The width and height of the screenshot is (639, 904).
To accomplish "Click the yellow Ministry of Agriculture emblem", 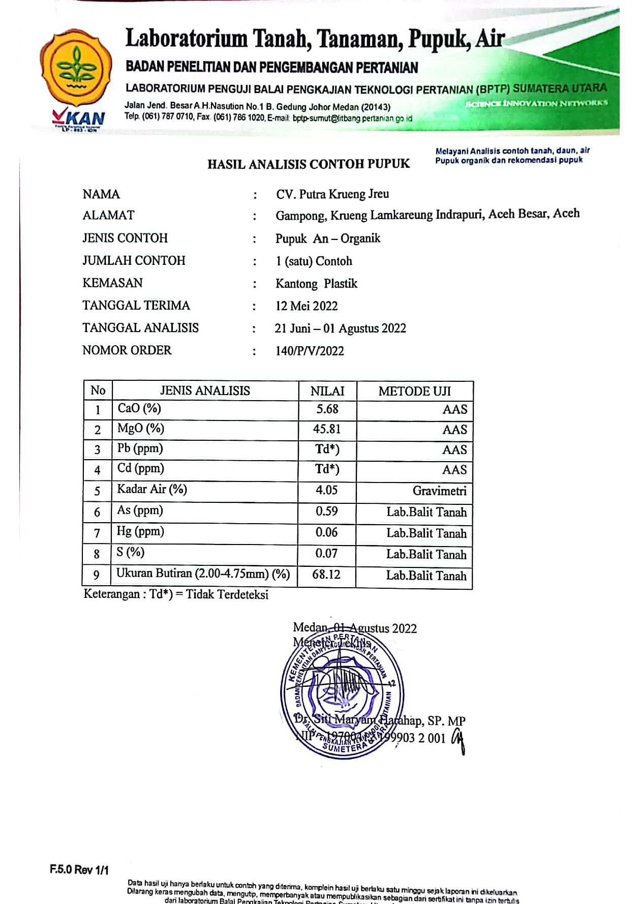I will tap(76, 69).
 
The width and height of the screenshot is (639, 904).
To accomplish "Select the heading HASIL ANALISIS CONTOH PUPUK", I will tap(308, 164).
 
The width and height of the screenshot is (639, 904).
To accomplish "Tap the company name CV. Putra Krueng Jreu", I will tap(332, 194).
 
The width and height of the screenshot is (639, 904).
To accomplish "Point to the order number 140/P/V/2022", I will tap(310, 351).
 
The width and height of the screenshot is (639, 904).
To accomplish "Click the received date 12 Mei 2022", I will tap(307, 306).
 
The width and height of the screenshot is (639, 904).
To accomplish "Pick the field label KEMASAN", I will tap(112, 283).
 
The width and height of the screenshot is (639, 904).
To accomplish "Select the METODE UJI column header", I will tap(414, 391).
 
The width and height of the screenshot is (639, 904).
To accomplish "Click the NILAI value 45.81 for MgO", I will tap(327, 429).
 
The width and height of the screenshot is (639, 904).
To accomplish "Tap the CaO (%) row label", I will tap(139, 409).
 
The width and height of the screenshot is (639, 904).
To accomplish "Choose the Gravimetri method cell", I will tap(439, 491).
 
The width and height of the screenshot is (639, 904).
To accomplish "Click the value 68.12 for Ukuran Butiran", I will tap(326, 575).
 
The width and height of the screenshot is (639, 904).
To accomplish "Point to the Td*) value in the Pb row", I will tap(327, 449).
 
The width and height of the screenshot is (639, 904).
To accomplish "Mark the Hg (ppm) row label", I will tap(140, 532).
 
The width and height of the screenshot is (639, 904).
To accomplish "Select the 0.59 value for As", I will tap(327, 511).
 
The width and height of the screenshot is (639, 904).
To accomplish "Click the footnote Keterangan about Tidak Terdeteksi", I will tap(176, 594).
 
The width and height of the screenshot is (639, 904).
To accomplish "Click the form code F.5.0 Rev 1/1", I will tap(79, 869).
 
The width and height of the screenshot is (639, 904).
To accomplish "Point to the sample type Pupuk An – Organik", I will tap(328, 238).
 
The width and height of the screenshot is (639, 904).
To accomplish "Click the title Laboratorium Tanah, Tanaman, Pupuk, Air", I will tap(315, 39).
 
